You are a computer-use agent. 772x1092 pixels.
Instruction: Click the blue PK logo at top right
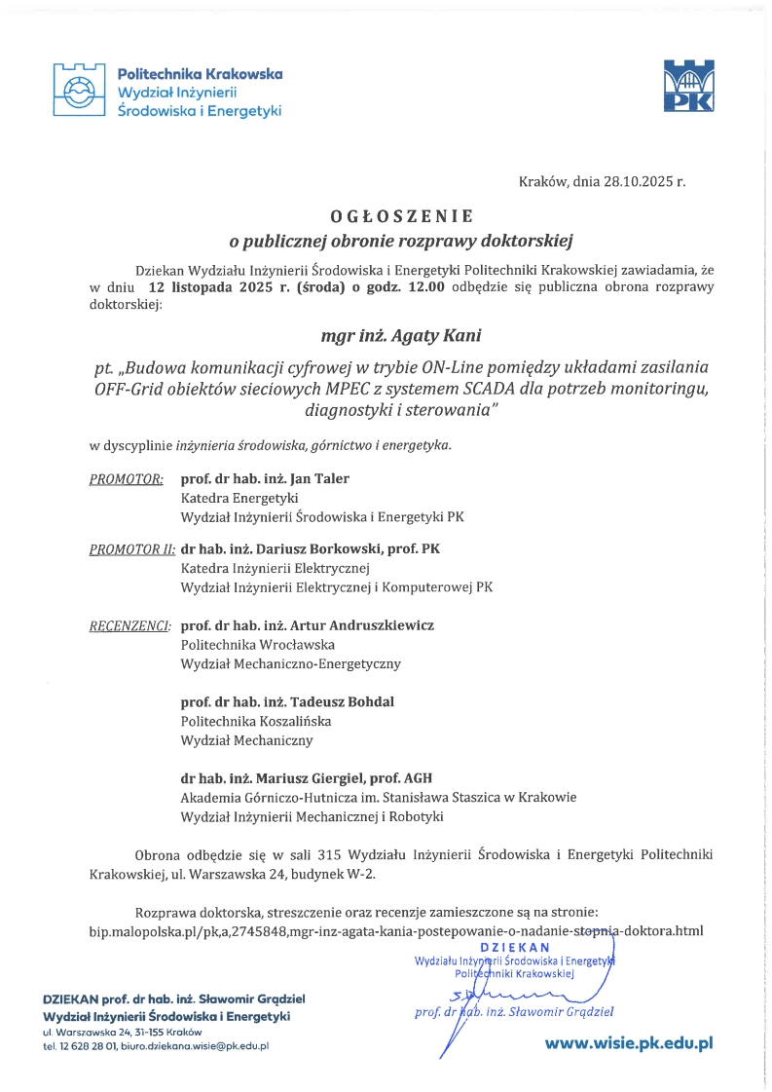click(x=687, y=86)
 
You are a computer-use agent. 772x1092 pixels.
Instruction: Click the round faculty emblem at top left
click(x=78, y=91)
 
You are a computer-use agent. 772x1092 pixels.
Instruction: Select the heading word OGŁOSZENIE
click(x=400, y=214)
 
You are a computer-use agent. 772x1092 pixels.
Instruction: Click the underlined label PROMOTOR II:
click(x=131, y=549)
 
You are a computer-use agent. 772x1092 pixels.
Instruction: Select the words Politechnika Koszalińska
click(x=256, y=721)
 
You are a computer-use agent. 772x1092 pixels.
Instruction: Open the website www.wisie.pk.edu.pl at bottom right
click(x=629, y=1042)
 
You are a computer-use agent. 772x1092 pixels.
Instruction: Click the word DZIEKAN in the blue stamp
click(x=515, y=947)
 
